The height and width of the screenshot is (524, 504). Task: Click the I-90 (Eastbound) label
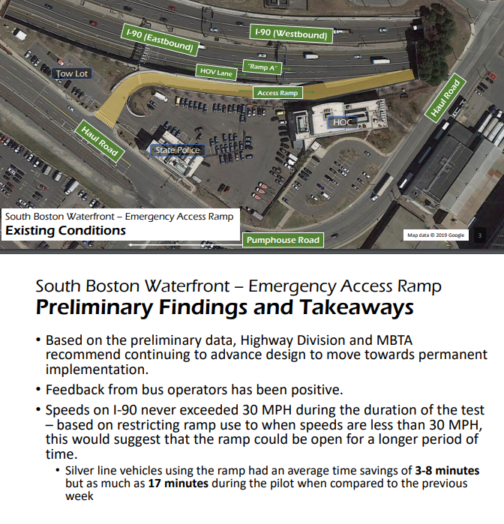click(158, 40)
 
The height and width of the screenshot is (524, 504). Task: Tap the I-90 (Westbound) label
click(290, 34)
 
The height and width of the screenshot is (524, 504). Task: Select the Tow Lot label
click(71, 73)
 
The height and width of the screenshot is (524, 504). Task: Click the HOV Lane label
click(216, 72)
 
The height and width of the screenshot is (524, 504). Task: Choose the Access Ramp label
click(278, 93)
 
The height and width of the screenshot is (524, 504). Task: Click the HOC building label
click(341, 121)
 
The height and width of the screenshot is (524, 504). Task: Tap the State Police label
click(177, 151)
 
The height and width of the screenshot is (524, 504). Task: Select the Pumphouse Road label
click(283, 241)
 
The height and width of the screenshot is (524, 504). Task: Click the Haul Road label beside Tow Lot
click(100, 140)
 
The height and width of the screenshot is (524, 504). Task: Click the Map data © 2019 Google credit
click(436, 235)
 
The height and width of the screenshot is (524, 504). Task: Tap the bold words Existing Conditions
click(66, 231)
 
